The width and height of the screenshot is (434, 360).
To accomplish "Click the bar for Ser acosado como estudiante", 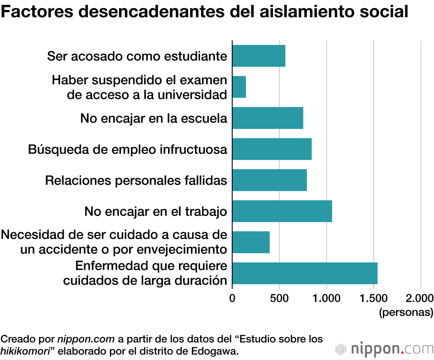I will tap(259, 56).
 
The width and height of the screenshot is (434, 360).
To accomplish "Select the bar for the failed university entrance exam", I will tap(239, 87).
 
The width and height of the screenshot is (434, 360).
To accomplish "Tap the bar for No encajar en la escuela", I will tap(268, 118).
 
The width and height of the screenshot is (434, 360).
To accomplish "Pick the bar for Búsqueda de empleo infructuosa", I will tap(272, 149).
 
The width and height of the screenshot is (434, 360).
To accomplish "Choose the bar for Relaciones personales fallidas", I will tap(270, 180).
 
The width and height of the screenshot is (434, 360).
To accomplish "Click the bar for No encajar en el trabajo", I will tap(282, 211).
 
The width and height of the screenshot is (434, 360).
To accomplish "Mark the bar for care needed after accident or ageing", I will tap(251, 242).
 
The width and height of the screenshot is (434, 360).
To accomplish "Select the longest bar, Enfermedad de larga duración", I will tap(305, 273).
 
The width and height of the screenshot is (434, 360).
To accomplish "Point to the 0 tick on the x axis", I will tap(232, 298).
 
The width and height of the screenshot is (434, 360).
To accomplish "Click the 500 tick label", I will tap(279, 298).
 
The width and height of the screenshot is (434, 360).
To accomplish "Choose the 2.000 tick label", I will tap(420, 298).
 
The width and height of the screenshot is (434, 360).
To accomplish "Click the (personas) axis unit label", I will tap(406, 311).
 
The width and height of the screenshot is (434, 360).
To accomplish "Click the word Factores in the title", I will tap(32, 12).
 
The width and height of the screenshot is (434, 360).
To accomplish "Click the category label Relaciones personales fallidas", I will tap(136, 180).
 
